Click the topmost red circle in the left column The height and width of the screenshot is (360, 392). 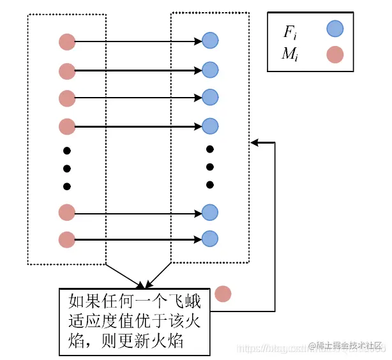tap(67, 42)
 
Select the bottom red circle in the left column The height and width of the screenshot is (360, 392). tap(67, 240)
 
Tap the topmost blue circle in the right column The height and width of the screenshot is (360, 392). tap(210, 41)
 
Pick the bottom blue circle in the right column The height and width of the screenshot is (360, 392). tap(210, 239)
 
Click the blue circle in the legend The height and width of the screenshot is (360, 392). tap(335, 28)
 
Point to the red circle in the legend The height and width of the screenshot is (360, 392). tap(335, 55)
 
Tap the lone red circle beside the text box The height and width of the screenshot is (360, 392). tap(223, 294)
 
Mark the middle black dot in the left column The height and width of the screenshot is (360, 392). tap(67, 169)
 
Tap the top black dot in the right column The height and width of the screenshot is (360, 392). tap(210, 149)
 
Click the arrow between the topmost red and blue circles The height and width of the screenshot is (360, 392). tap(137, 42)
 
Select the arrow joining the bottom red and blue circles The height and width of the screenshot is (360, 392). tap(137, 240)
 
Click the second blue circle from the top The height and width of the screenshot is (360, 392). tap(210, 69)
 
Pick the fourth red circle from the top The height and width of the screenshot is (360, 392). tap(67, 126)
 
